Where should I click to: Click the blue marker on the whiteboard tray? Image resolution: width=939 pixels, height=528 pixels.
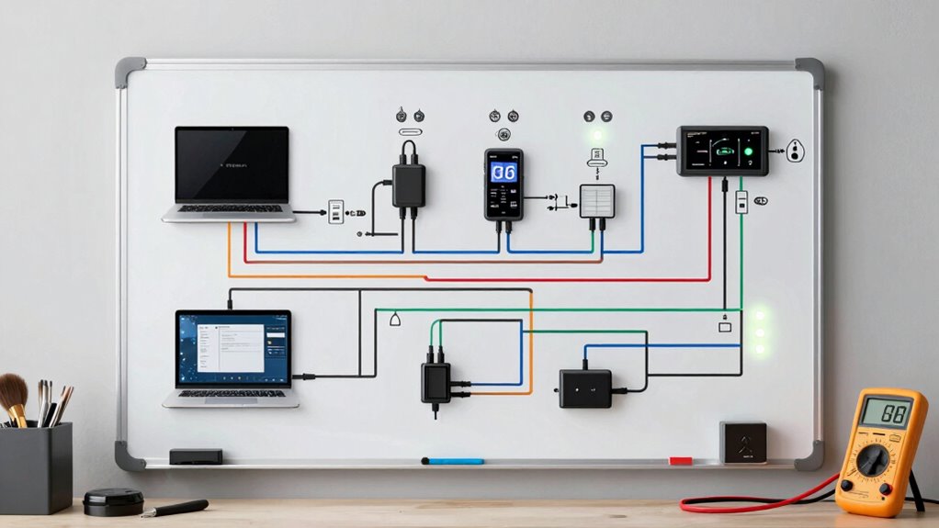453,460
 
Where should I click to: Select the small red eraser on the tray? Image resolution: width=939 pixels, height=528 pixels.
680,460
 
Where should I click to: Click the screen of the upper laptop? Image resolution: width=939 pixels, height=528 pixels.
232,164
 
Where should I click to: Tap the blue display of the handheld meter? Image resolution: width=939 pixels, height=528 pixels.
503,173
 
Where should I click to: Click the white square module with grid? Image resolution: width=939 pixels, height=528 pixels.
596,201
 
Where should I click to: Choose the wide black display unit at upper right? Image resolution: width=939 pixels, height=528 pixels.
723,151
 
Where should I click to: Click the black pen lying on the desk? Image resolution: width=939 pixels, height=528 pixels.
175,508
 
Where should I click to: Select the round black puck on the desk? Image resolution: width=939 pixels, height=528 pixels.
113,501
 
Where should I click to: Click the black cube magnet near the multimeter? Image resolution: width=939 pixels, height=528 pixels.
742,442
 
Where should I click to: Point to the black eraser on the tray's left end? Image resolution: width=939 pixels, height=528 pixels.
196,456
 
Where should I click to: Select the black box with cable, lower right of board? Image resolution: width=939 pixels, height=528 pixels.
585,388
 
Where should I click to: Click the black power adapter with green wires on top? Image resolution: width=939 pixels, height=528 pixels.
436,381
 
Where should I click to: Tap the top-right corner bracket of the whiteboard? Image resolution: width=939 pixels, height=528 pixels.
809,72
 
